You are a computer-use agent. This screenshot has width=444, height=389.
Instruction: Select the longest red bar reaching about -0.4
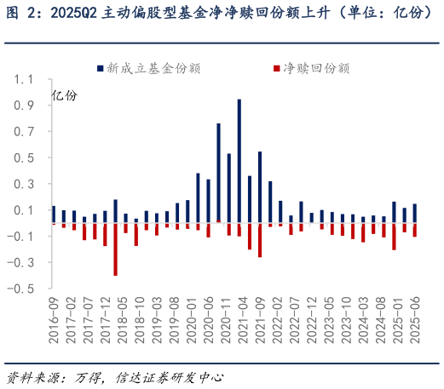coord(115,249)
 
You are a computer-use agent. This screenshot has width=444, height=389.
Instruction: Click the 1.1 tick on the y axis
coord(34,79)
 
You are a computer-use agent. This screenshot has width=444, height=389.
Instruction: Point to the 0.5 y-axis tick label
coord(34,158)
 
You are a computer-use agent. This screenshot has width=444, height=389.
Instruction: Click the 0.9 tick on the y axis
coord(34,106)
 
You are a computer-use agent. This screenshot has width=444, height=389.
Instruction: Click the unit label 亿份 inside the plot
coord(64,95)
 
